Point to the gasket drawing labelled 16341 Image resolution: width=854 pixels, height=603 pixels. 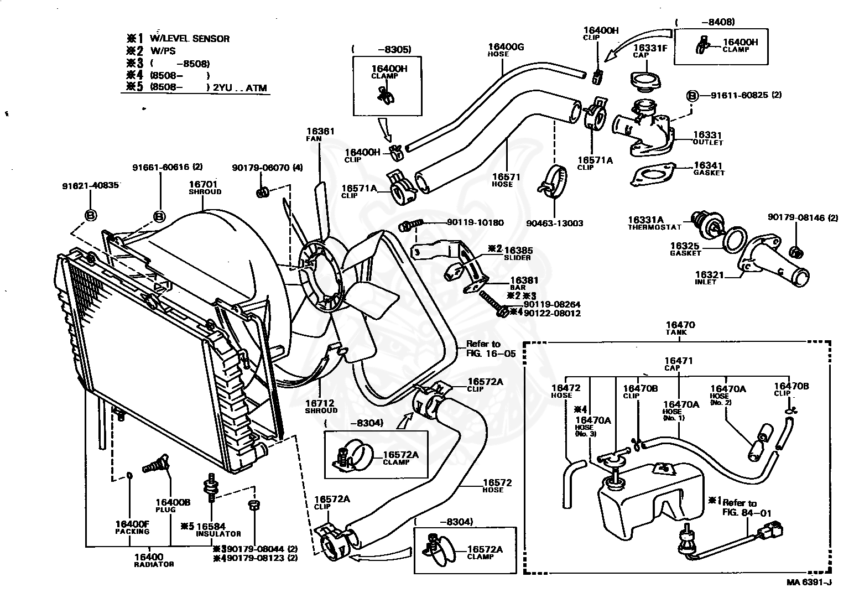(x=653, y=174)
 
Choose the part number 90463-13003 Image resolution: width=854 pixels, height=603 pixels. (x=554, y=223)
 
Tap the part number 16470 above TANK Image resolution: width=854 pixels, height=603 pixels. (x=680, y=325)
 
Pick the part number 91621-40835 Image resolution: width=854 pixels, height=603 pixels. (x=90, y=186)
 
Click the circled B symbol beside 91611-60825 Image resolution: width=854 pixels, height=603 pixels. (x=691, y=95)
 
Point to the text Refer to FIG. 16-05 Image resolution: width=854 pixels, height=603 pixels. (x=491, y=349)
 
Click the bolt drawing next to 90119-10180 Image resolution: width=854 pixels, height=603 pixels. (x=410, y=224)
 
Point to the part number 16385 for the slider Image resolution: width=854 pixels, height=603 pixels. (x=518, y=250)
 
